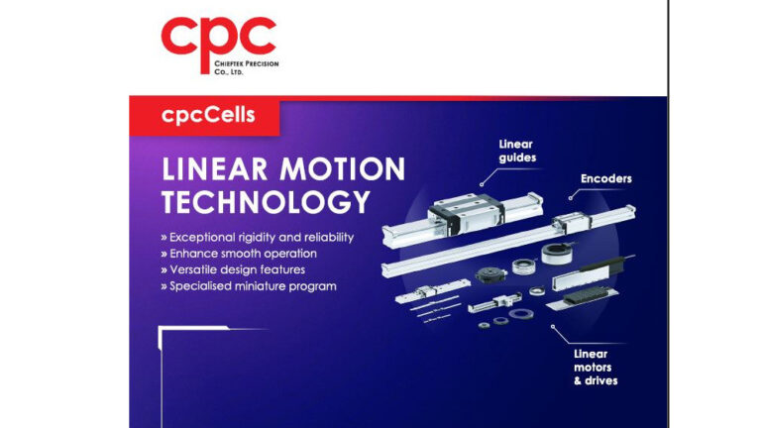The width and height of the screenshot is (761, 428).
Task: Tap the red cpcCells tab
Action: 208,115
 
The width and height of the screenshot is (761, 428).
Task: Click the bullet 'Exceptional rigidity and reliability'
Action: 261,238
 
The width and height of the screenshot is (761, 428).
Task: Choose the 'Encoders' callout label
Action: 605,179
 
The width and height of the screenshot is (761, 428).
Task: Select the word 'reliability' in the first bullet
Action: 323,238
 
